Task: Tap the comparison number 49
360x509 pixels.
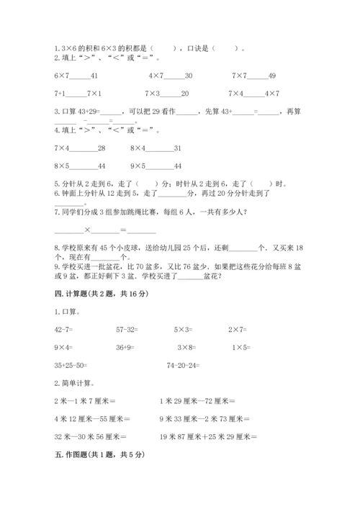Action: click(271, 76)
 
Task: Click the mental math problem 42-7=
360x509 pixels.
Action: click(65, 328)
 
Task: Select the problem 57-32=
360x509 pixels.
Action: click(127, 328)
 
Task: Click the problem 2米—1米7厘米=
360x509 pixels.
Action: click(86, 400)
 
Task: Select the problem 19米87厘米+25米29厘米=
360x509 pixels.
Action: click(209, 436)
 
